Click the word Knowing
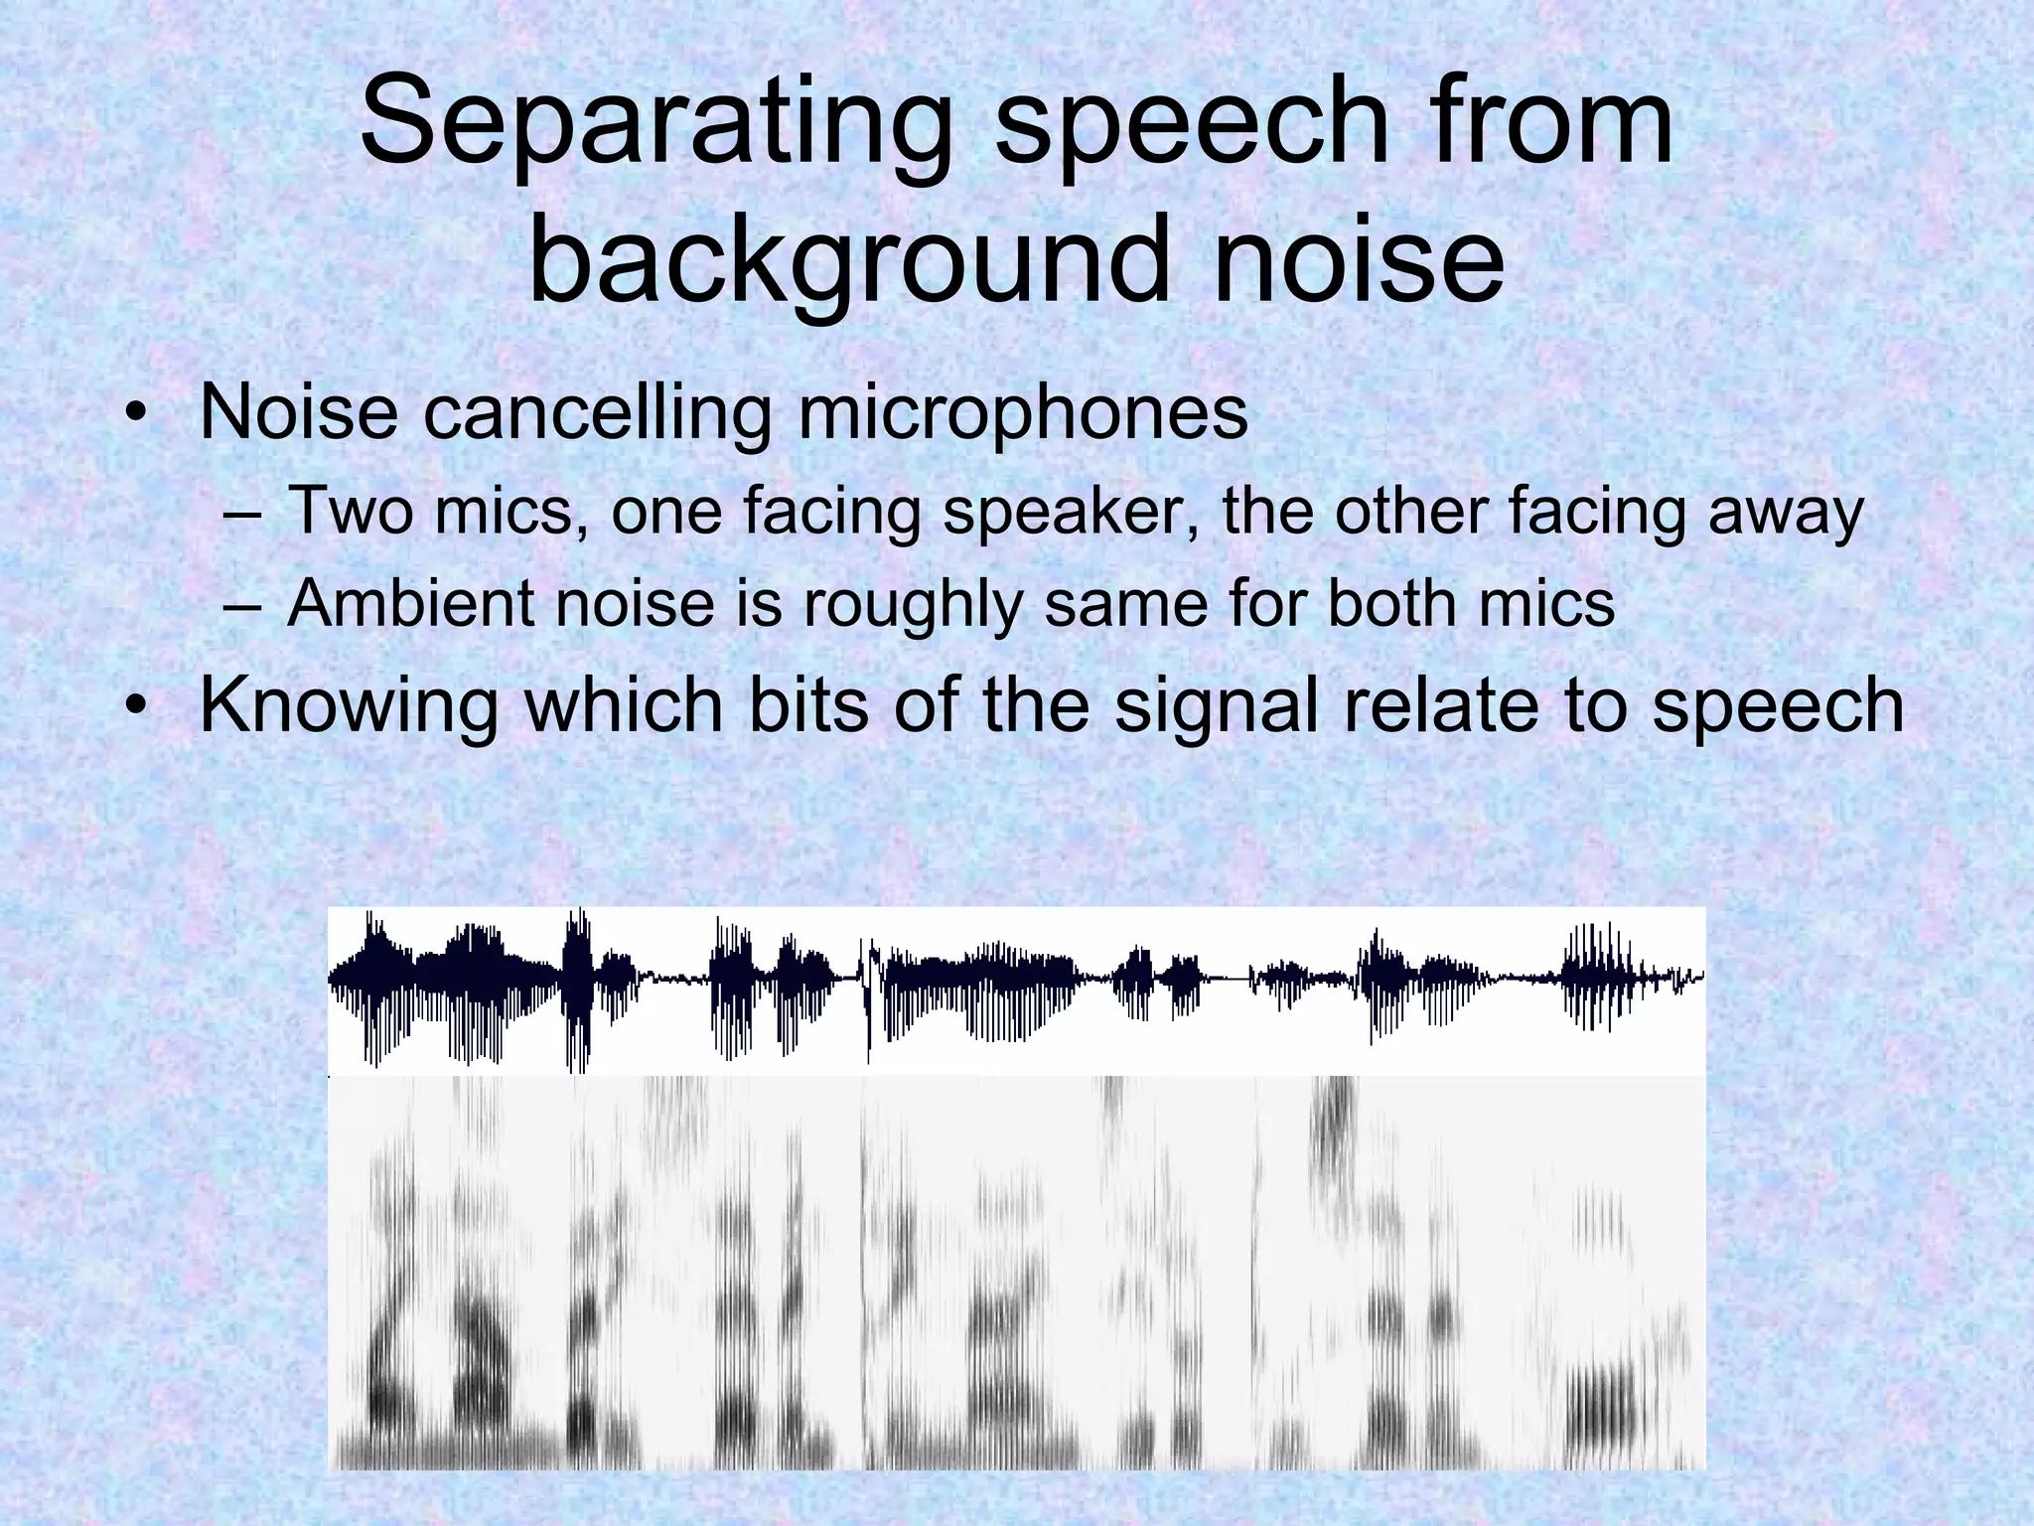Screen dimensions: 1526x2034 [348, 704]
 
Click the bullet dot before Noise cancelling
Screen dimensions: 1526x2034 [136, 415]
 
